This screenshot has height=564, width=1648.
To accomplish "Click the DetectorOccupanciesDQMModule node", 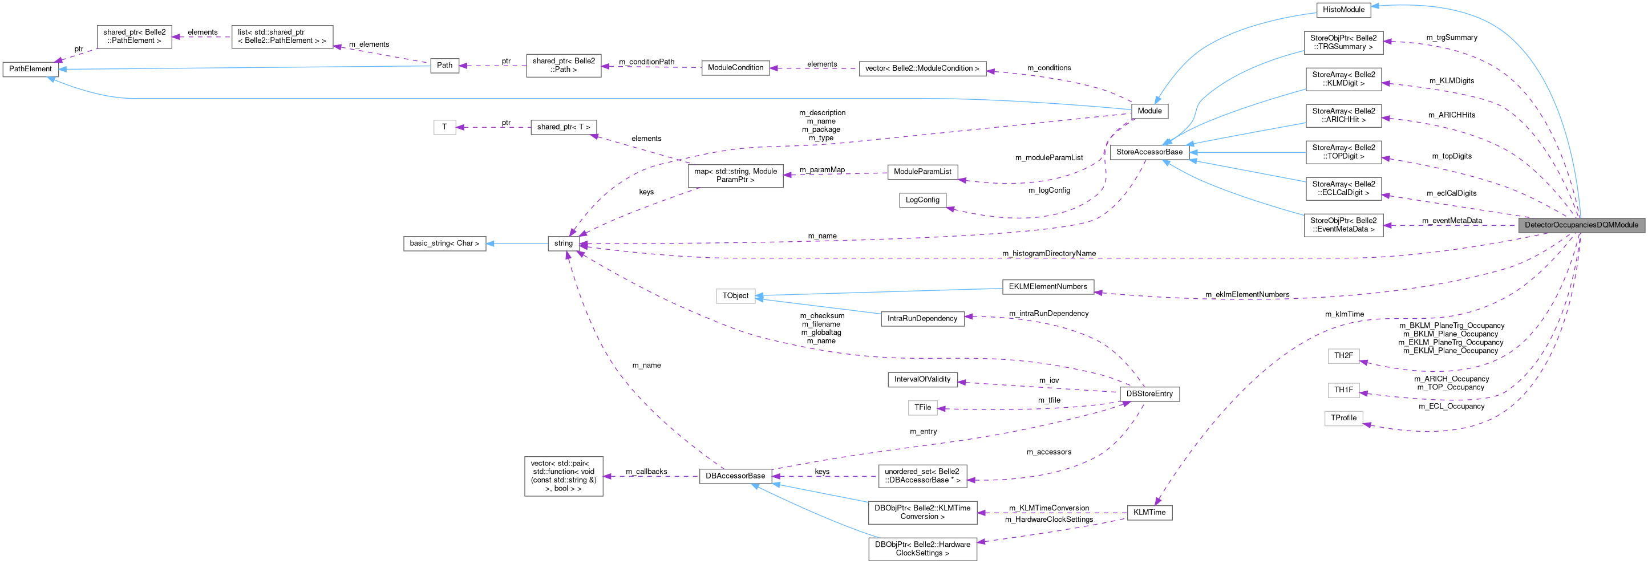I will click(x=1581, y=225).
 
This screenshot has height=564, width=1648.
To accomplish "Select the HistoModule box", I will click(x=1343, y=10).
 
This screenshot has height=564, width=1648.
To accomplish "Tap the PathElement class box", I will click(x=30, y=69).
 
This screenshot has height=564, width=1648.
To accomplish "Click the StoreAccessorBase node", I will click(x=1149, y=152).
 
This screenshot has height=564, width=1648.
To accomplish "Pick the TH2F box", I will click(x=1343, y=355).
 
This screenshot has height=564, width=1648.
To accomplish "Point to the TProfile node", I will click(x=1343, y=418).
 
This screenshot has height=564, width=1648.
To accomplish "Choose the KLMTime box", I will click(x=1149, y=512).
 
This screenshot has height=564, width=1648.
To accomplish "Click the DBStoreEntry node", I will click(x=1149, y=394).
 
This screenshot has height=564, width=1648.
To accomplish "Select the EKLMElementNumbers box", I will click(x=1048, y=286).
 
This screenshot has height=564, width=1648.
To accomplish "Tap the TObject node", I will click(x=735, y=295).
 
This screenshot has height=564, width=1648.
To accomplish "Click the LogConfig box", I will click(x=922, y=200).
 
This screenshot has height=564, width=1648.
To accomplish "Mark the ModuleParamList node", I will click(x=922, y=172).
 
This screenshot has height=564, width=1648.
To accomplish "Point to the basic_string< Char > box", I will click(x=444, y=244).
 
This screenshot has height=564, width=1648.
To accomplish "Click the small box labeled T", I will click(x=444, y=127).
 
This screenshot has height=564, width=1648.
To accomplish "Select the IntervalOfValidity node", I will click(x=922, y=379).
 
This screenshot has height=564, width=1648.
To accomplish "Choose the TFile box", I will click(x=922, y=407).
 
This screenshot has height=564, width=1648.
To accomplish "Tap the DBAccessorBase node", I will click(x=735, y=476).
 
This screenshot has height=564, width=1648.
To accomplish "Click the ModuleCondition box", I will click(x=735, y=68).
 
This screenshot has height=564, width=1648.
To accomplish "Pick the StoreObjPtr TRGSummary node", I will click(x=1343, y=42).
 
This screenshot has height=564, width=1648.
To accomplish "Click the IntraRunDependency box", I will click(x=922, y=318).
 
